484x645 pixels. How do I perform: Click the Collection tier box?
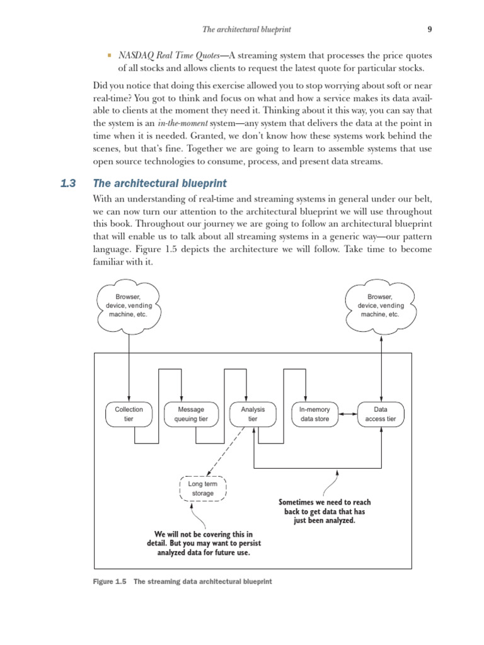pos(129,414)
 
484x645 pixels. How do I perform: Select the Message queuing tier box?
pos(186,414)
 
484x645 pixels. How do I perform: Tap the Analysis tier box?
pos(253,414)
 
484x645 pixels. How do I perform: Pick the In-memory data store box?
pos(314,414)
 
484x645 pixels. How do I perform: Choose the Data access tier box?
pos(381,414)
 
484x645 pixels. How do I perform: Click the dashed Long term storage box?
pos(202,489)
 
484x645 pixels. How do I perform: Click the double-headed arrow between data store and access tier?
pos(348,414)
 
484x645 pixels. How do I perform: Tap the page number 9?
pos(429,29)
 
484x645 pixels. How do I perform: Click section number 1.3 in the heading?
pos(68,183)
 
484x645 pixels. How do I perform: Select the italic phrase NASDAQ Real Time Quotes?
pos(167,55)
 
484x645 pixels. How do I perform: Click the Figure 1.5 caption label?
pos(110,581)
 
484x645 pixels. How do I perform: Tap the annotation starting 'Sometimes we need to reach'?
pos(325,511)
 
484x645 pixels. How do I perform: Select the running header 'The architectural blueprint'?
pos(246,29)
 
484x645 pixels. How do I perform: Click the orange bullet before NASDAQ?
pos(109,55)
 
